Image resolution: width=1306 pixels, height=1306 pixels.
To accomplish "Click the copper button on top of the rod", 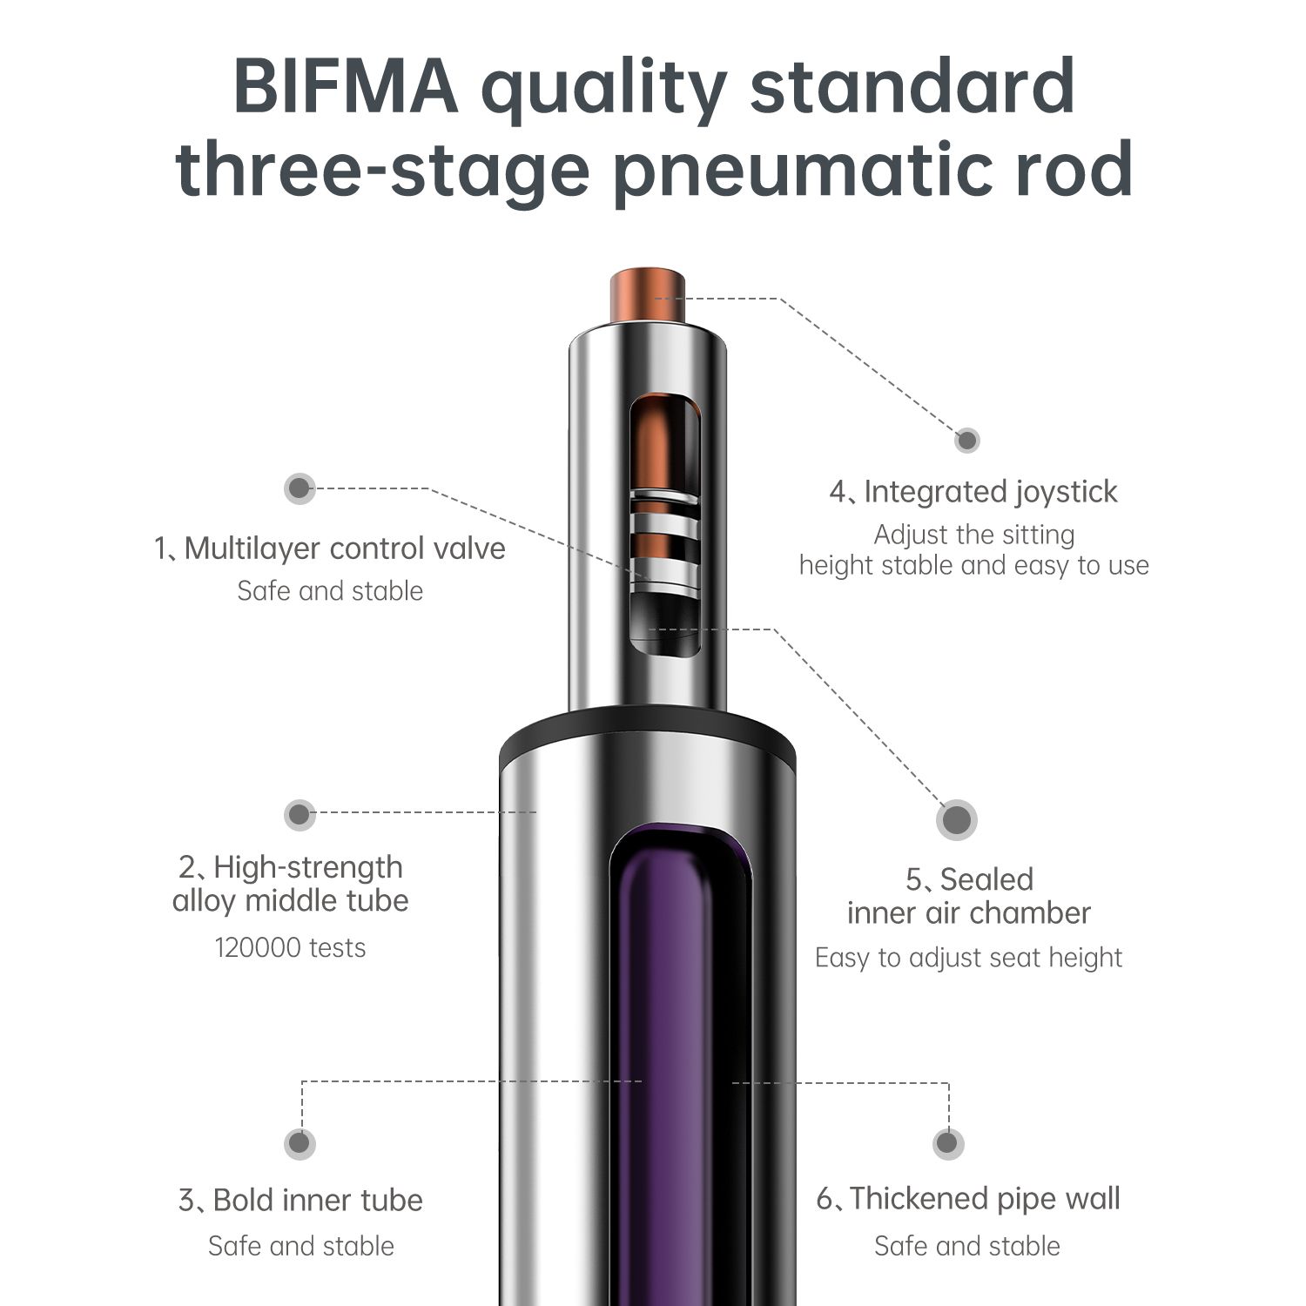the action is coord(647,297).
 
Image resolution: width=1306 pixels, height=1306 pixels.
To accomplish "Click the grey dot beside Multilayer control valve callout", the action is coord(300,488).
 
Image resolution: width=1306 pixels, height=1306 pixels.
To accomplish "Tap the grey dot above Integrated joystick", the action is coord(966,440).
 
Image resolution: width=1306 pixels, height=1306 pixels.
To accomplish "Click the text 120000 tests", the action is coord(290,947).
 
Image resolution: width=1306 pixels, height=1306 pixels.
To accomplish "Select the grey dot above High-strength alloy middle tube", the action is coord(300,815).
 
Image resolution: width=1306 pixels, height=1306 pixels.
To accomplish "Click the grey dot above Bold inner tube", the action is coord(300,1143).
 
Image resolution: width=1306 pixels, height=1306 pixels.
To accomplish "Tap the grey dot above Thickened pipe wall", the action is coord(947,1143).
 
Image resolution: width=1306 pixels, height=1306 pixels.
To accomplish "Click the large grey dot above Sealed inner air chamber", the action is coord(957,819).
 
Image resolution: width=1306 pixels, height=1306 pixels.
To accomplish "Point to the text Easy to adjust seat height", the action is coord(968,958).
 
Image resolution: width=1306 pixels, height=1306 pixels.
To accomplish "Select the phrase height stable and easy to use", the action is coord(974,566).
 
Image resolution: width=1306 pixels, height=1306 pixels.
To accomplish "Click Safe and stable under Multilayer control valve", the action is coord(330,591).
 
